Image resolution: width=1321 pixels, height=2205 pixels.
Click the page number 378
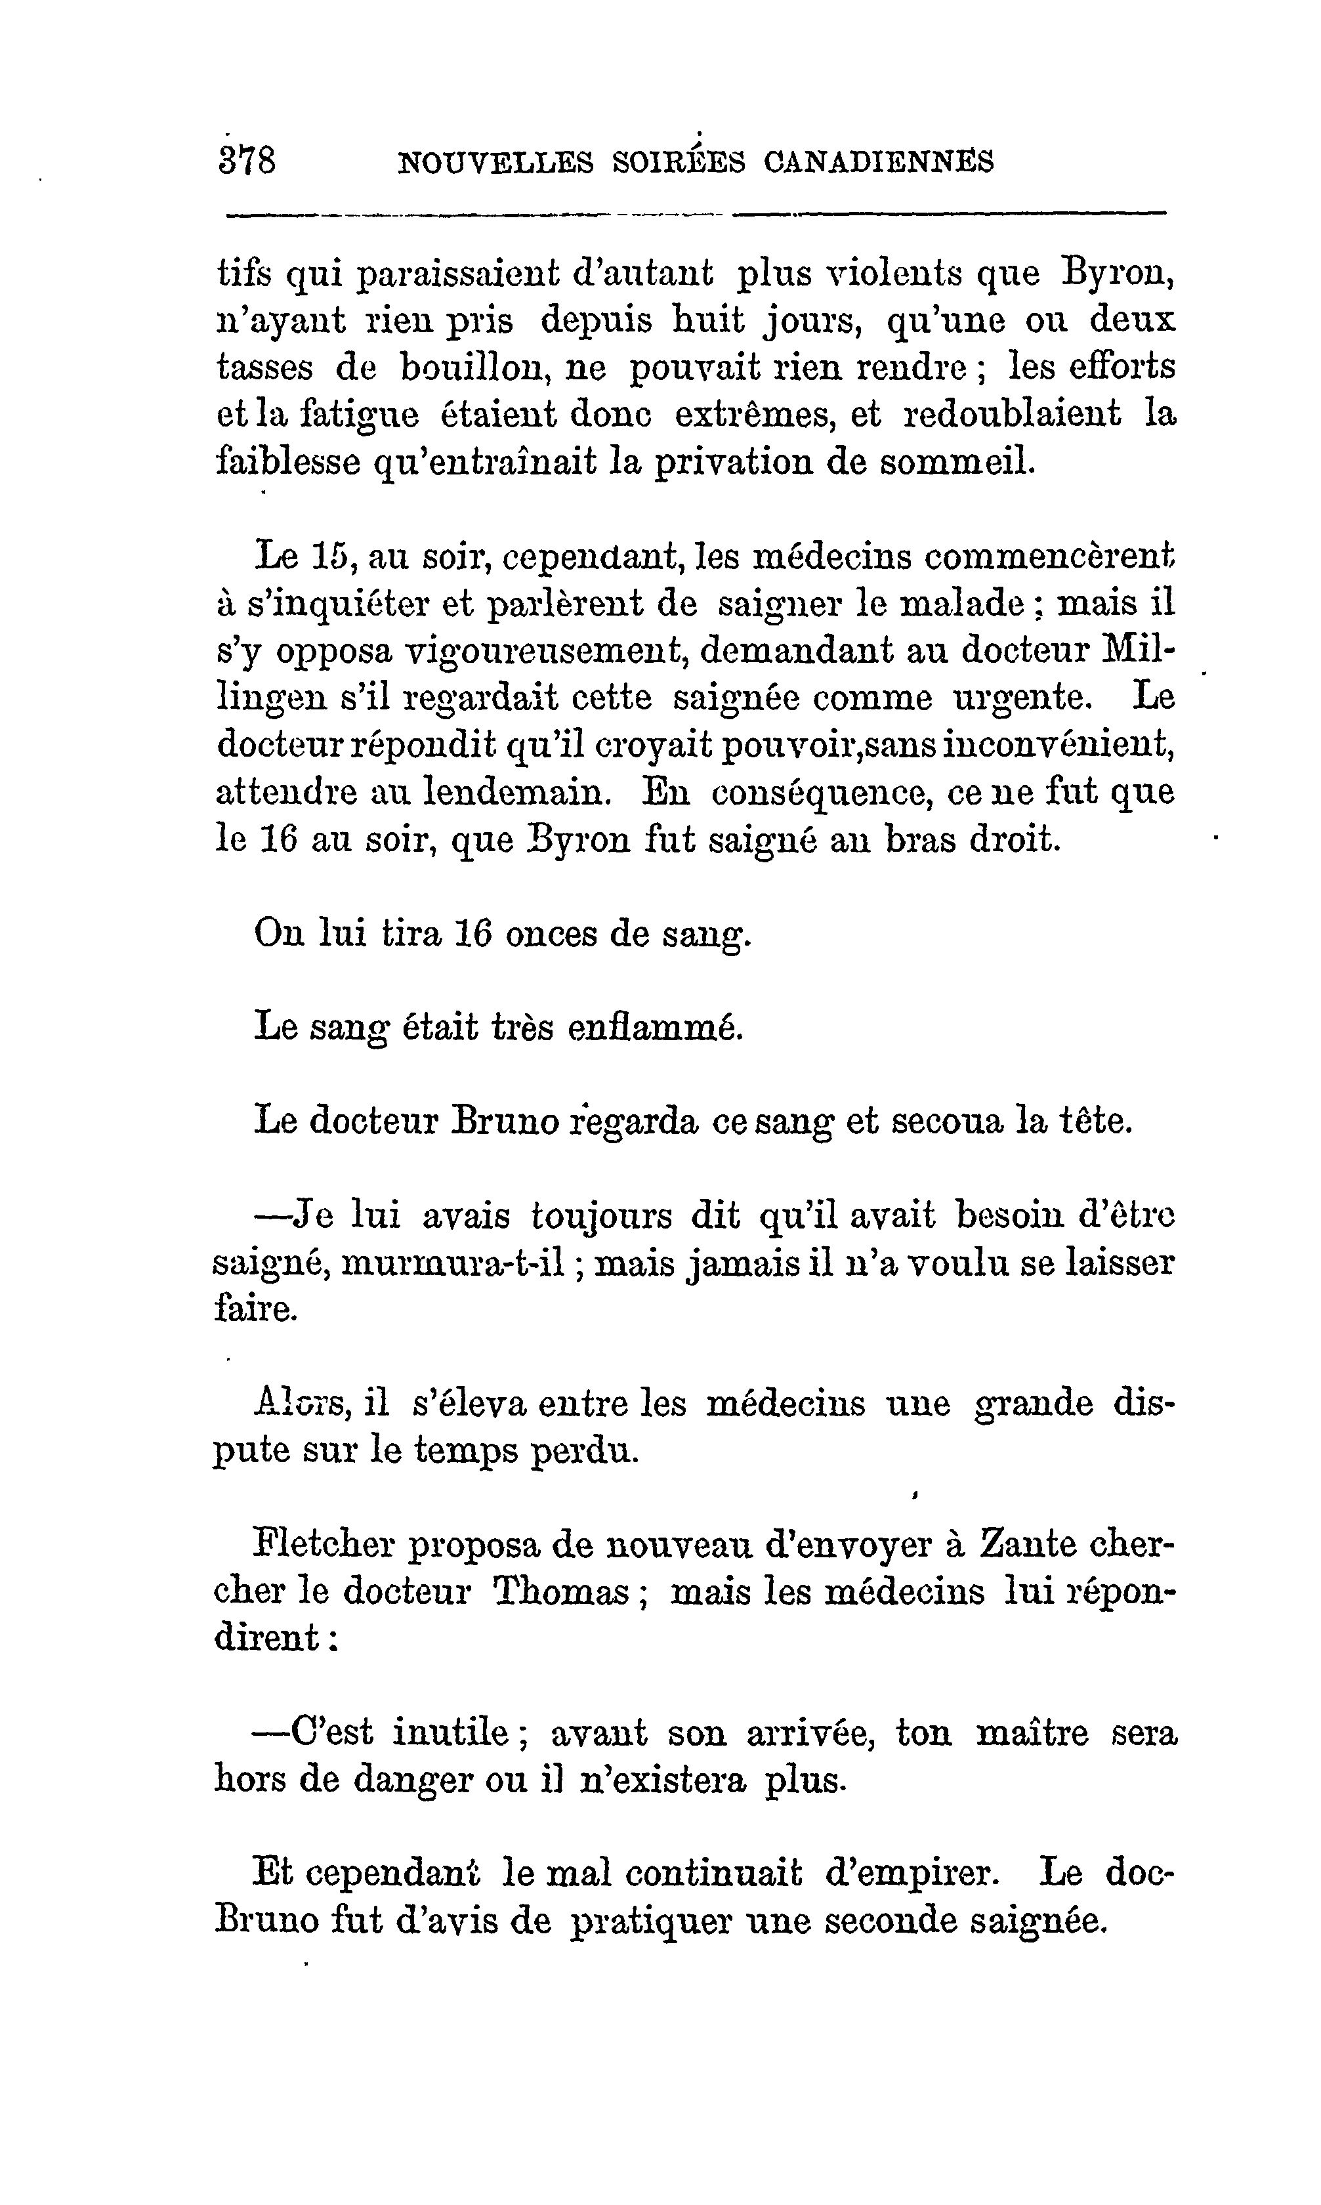click(x=247, y=162)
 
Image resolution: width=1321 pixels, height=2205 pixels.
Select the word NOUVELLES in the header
click(x=495, y=163)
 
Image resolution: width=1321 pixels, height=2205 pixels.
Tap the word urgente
click(x=1022, y=697)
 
